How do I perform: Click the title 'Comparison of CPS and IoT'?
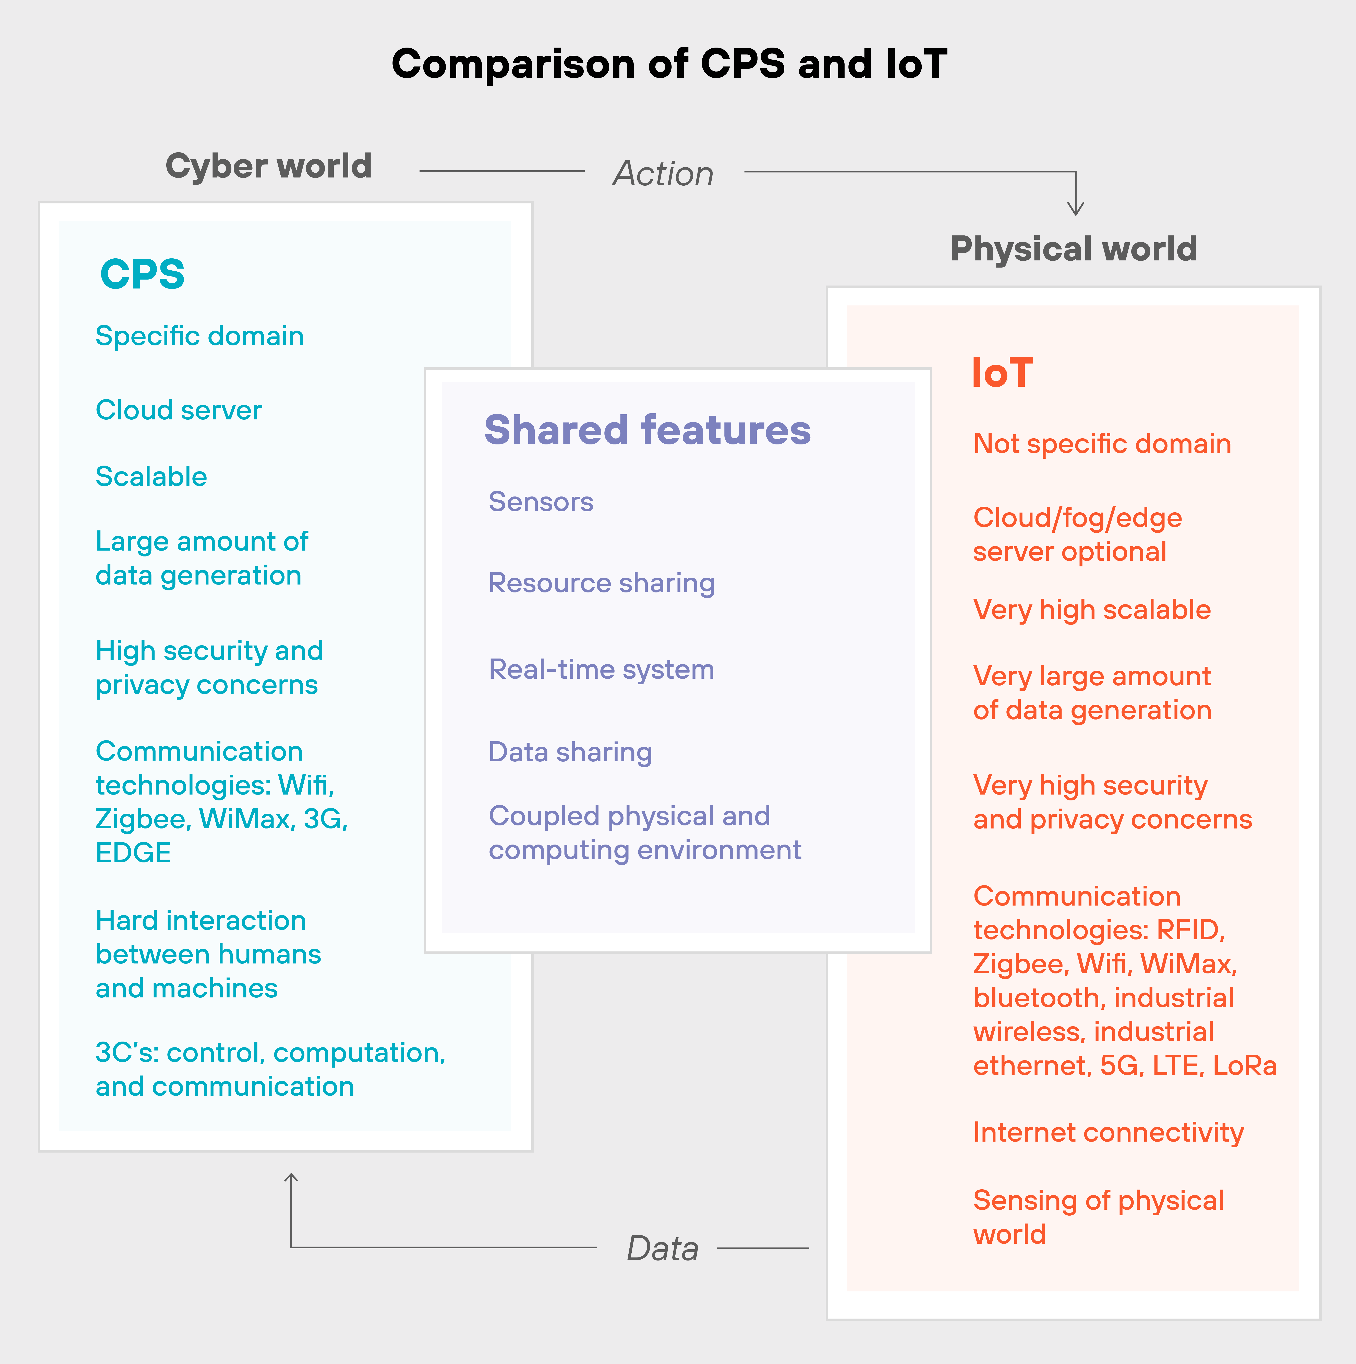[669, 64]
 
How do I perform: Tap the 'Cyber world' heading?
[268, 167]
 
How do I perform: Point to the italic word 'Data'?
[663, 1248]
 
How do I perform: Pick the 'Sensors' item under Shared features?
[541, 502]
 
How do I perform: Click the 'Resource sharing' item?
[602, 583]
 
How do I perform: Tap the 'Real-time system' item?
[601, 669]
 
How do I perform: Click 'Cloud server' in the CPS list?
[179, 410]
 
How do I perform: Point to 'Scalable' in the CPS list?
[151, 477]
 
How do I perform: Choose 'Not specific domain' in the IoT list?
[1102, 444]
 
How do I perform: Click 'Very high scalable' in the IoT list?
[1092, 609]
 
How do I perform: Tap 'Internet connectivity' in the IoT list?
[1108, 1132]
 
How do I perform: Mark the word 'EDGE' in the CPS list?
[133, 853]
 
